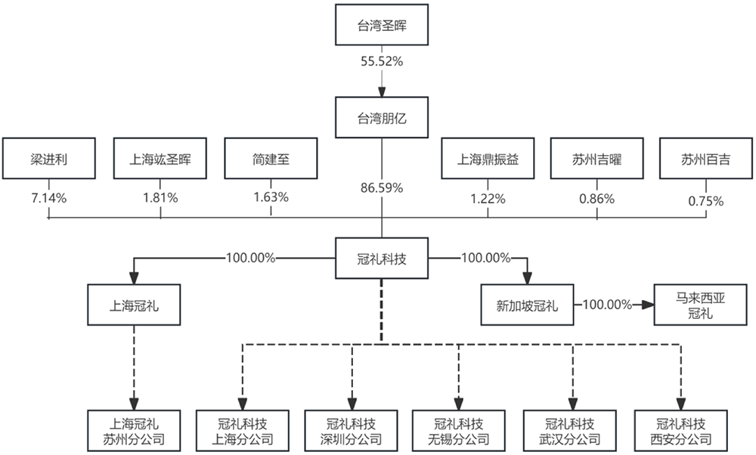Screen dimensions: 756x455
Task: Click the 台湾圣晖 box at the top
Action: [382, 25]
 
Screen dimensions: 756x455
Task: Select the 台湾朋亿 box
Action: [382, 118]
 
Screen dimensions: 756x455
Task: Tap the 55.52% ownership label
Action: [382, 62]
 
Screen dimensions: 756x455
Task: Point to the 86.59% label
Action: [382, 188]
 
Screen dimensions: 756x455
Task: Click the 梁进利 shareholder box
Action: [48, 159]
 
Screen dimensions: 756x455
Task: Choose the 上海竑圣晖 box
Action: [160, 159]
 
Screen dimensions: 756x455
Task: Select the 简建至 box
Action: [271, 159]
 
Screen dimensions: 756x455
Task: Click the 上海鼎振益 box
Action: [488, 159]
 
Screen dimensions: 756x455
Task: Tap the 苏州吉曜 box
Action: [597, 159]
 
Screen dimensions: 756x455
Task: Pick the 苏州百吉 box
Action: [706, 159]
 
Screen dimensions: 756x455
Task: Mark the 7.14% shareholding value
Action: [48, 198]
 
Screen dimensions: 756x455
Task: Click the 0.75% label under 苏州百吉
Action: [706, 202]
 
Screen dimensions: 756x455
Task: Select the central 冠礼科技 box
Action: [382, 258]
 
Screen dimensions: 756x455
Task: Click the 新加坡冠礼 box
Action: [528, 305]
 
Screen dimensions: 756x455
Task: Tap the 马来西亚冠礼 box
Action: [700, 305]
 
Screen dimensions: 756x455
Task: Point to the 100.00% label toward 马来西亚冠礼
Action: [608, 305]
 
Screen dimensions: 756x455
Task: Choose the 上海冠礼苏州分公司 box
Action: [134, 431]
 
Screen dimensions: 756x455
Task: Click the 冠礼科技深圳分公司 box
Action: [351, 431]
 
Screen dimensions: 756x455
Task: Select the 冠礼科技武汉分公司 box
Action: [570, 431]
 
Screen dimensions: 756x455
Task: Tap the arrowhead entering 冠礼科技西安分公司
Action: [681, 404]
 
